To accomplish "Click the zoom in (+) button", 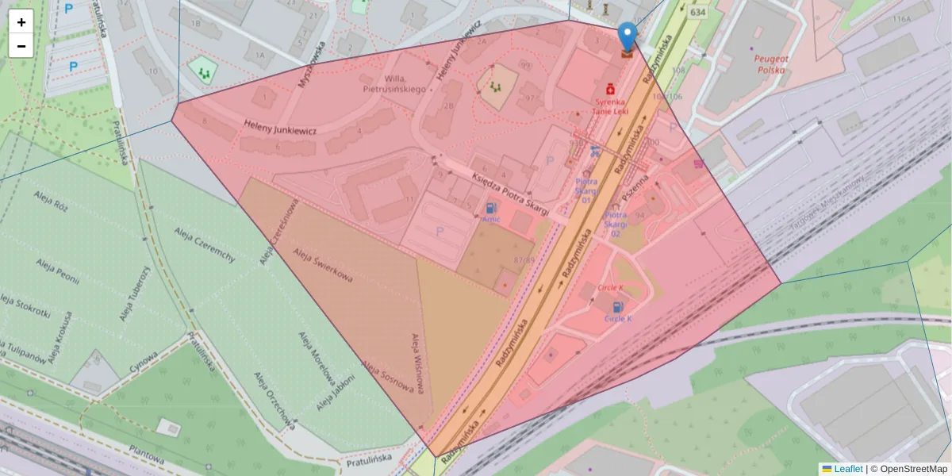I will (x=21, y=22).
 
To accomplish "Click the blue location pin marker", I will (x=628, y=36).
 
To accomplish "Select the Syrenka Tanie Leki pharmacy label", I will (x=611, y=106).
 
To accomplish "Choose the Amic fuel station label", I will (x=490, y=219).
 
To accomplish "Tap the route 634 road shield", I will (x=697, y=13).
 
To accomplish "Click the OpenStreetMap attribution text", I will (x=909, y=469).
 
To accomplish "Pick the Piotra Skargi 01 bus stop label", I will (x=585, y=190).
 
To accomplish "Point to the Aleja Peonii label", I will (x=67, y=267).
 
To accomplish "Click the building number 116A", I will (x=901, y=18).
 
